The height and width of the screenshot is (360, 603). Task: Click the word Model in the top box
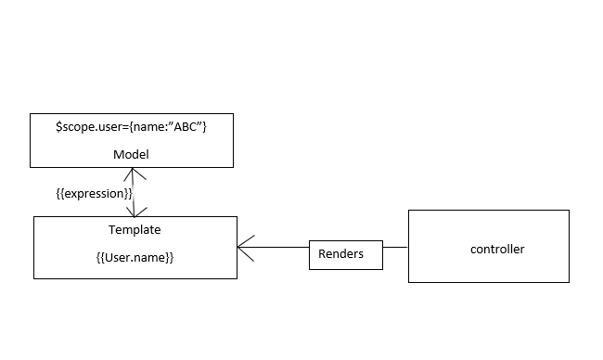(131, 154)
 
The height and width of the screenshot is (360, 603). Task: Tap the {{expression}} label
(94, 192)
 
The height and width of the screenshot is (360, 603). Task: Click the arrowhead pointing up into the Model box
(134, 173)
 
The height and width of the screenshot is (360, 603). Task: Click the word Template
(135, 228)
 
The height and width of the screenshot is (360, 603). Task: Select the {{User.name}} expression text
(135, 258)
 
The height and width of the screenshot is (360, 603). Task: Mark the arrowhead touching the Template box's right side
(245, 248)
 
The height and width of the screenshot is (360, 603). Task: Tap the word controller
(497, 249)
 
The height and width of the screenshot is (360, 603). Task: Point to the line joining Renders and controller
(395, 248)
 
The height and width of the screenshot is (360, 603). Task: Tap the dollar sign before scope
(59, 125)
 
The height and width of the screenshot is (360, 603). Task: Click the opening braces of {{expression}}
(60, 192)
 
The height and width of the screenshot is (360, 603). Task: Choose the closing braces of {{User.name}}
(169, 258)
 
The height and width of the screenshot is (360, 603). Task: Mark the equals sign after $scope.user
(122, 125)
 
